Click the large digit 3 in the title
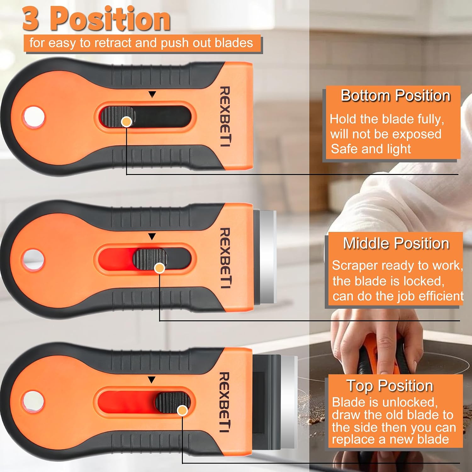31,19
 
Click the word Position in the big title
110,19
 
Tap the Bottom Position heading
396,96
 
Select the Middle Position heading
396,243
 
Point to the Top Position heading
390,386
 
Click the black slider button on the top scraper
118,117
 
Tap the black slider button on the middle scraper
150,259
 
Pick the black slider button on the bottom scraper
172,402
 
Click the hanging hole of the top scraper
33,117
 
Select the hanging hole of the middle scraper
33,260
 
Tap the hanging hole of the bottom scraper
33,402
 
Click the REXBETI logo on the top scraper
225,116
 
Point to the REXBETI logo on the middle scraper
225,258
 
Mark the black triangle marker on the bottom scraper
152,380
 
